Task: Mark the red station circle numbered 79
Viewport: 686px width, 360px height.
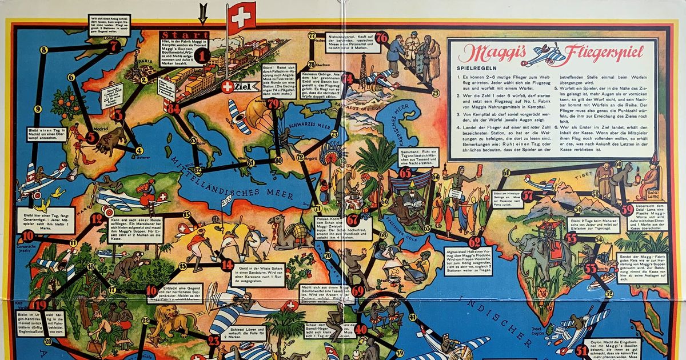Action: (273, 103)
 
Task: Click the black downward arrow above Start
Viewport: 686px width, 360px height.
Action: (202, 11)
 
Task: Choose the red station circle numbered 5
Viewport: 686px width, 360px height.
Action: (91, 137)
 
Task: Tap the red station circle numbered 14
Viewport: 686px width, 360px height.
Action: (228, 265)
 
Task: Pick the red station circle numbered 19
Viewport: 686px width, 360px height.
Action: (40, 305)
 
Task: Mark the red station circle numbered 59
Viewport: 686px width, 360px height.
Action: (627, 210)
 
